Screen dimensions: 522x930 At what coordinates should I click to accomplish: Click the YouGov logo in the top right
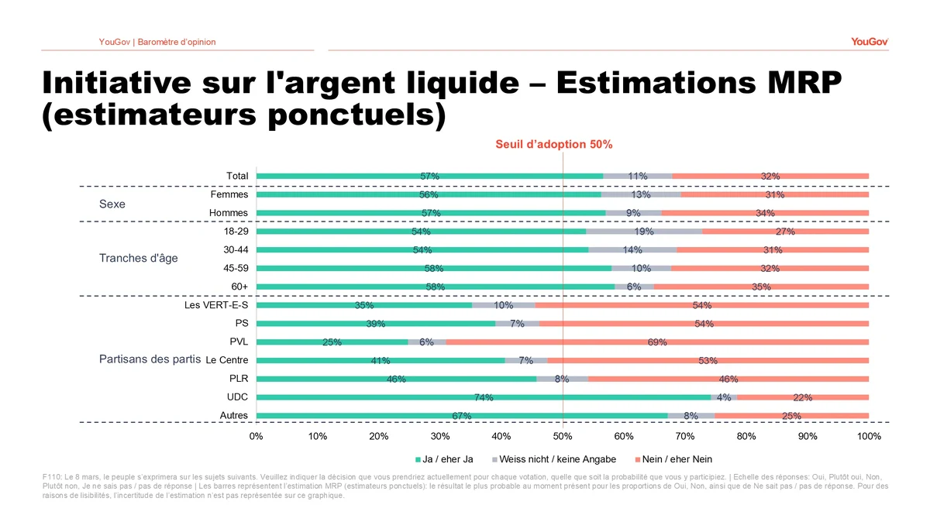point(869,42)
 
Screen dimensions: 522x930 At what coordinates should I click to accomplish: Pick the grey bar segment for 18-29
point(644,232)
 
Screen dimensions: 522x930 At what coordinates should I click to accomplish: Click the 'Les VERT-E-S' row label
point(215,305)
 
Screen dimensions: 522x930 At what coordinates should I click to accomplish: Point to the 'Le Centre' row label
point(227,360)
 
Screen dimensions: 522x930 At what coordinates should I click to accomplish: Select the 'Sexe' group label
point(112,204)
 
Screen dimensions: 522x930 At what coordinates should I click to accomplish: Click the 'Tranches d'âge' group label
point(138,258)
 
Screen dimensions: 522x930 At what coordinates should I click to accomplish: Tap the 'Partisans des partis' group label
point(150,359)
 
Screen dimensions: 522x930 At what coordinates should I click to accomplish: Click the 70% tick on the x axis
point(685,436)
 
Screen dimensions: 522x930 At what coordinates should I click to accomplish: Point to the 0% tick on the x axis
point(256,436)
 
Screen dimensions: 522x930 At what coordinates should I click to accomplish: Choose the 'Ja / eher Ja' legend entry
point(444,459)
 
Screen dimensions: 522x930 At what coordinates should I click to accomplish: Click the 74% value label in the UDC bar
point(484,397)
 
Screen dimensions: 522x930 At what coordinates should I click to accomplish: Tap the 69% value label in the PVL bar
point(657,342)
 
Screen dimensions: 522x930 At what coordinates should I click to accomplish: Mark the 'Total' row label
point(237,176)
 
